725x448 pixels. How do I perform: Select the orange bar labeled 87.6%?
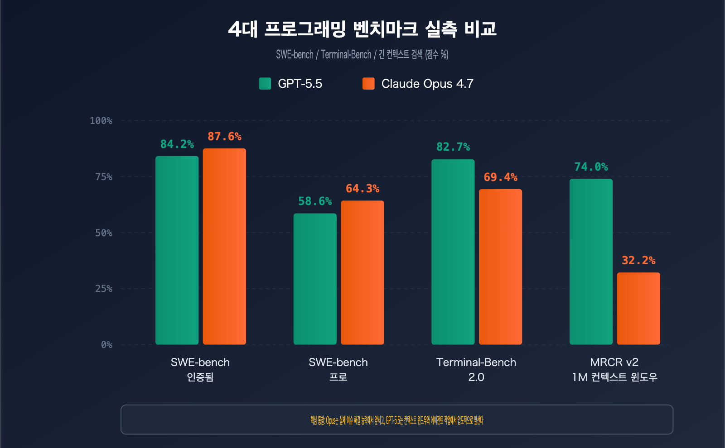224,247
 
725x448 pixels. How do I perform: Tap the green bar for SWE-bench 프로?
315,279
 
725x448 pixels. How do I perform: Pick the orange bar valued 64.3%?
362,272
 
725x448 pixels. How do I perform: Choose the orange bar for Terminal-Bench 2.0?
500,267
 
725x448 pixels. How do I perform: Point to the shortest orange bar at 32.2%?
638,308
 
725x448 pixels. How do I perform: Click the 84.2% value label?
177,144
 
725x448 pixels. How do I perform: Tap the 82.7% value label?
453,147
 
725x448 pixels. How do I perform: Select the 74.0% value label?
591,167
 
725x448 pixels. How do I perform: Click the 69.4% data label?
500,177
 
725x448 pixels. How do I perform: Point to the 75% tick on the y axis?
104,177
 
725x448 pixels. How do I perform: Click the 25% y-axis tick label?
104,289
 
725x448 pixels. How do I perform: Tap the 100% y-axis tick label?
101,121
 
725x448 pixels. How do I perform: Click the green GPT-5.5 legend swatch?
265,84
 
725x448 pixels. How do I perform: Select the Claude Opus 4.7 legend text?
427,84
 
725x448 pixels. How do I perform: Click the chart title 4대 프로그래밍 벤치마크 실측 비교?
362,29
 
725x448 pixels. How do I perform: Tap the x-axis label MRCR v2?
614,362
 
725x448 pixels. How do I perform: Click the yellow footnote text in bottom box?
396,420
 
